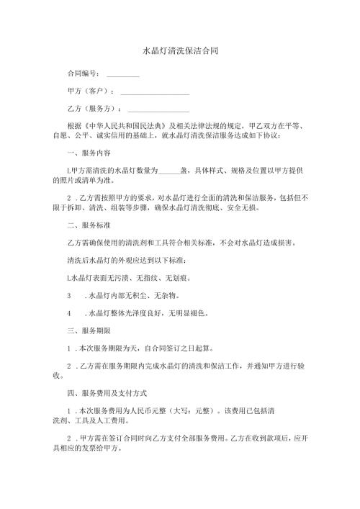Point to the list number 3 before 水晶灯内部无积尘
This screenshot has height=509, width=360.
pyautogui.click(x=68, y=296)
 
